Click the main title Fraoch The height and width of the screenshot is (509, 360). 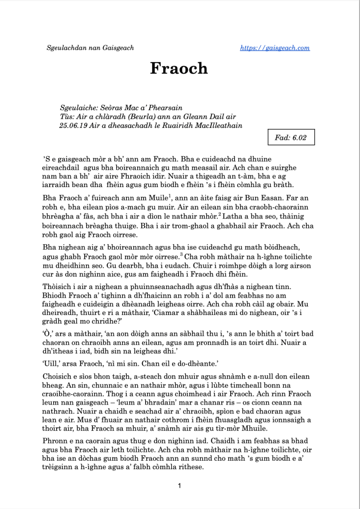click(x=179, y=68)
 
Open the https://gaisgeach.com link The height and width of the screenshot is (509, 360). click(x=275, y=48)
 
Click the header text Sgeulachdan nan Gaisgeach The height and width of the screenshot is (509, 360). click(x=90, y=48)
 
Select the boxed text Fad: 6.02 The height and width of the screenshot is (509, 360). click(x=291, y=137)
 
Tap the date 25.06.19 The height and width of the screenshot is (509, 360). click(x=73, y=125)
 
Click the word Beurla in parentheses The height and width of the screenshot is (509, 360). click(x=152, y=116)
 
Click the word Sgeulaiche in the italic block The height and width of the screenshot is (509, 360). click(x=77, y=107)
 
